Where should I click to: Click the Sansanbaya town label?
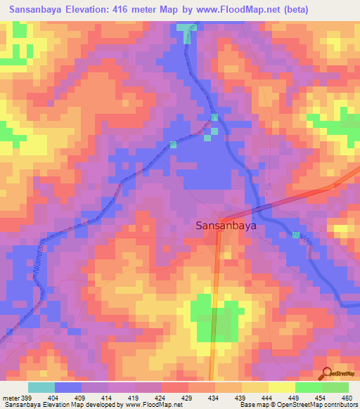[x=225, y=227]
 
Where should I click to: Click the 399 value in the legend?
[x=26, y=398]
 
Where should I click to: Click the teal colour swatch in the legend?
[x=41, y=387]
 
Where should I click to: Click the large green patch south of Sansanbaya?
[x=214, y=320]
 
